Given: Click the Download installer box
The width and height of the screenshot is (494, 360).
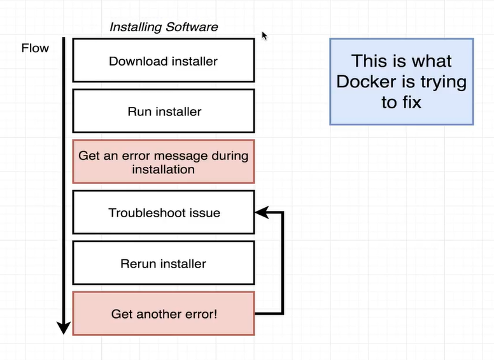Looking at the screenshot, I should tap(164, 61).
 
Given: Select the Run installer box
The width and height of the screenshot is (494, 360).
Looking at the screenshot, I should tap(164, 111).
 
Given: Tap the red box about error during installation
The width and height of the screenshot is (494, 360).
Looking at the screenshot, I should tap(164, 162).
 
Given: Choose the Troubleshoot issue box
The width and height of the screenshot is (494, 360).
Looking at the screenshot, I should tap(164, 212).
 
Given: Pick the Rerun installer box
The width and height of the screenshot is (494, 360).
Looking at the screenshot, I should tap(164, 263).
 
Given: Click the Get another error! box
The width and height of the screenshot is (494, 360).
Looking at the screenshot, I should tap(164, 313).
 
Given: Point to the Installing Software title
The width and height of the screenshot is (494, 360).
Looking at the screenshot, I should tap(164, 27).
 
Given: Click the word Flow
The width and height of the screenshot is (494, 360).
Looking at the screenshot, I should tap(35, 48).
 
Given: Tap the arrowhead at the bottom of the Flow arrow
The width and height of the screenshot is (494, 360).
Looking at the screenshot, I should tap(63, 328).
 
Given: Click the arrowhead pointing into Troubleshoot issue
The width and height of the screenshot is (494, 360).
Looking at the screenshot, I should tap(261, 212).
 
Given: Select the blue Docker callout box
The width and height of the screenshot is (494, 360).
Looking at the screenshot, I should tap(401, 81).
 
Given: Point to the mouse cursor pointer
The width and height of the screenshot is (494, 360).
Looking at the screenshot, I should tap(264, 35).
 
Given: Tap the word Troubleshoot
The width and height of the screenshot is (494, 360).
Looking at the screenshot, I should tap(141, 213).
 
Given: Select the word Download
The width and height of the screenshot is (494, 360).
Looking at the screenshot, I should tap(135, 61).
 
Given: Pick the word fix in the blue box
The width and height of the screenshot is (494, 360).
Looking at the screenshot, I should tap(411, 102).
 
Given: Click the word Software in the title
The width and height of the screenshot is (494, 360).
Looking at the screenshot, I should tap(191, 27).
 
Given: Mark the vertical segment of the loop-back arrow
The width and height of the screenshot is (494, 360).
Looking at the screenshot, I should tap(282, 263).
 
